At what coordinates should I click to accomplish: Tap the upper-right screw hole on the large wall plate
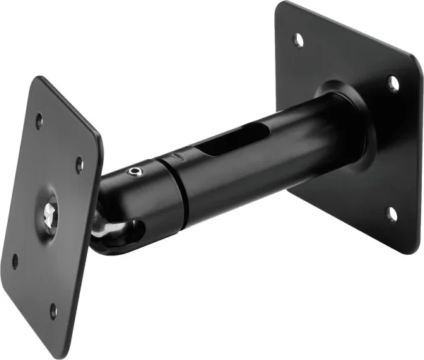[393, 84]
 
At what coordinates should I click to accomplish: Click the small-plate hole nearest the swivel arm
[80, 164]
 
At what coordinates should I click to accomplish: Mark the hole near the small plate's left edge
[15, 260]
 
